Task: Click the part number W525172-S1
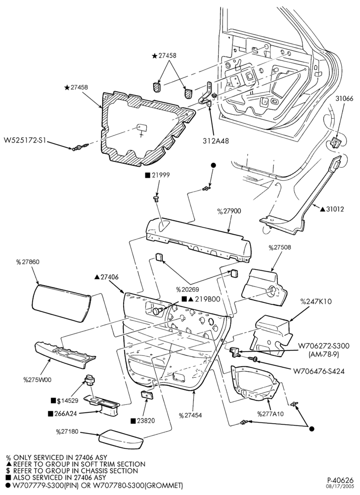pyautogui.click(x=25, y=140)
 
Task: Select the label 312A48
pyautogui.click(x=216, y=141)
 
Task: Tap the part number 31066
pyautogui.click(x=344, y=99)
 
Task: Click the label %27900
pyautogui.click(x=229, y=211)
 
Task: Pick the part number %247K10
pyautogui.click(x=316, y=301)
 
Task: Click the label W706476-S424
pyautogui.click(x=318, y=371)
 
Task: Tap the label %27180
pyautogui.click(x=67, y=432)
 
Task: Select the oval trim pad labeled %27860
pyautogui.click(x=61, y=303)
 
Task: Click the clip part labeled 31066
pyautogui.click(x=334, y=143)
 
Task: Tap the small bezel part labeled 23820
pyautogui.click(x=146, y=395)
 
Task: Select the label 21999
pyautogui.click(x=160, y=175)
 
